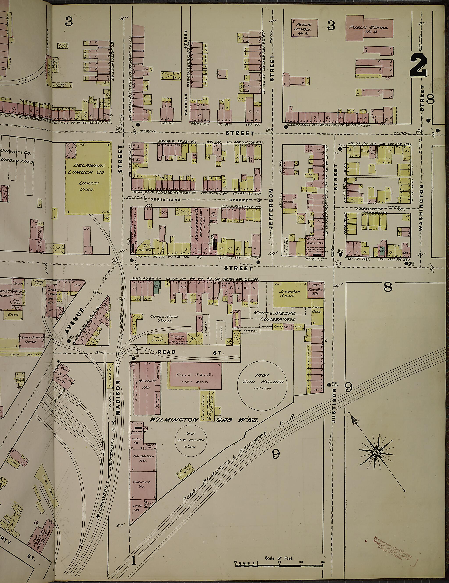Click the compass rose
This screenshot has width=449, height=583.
pos(376,452)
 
